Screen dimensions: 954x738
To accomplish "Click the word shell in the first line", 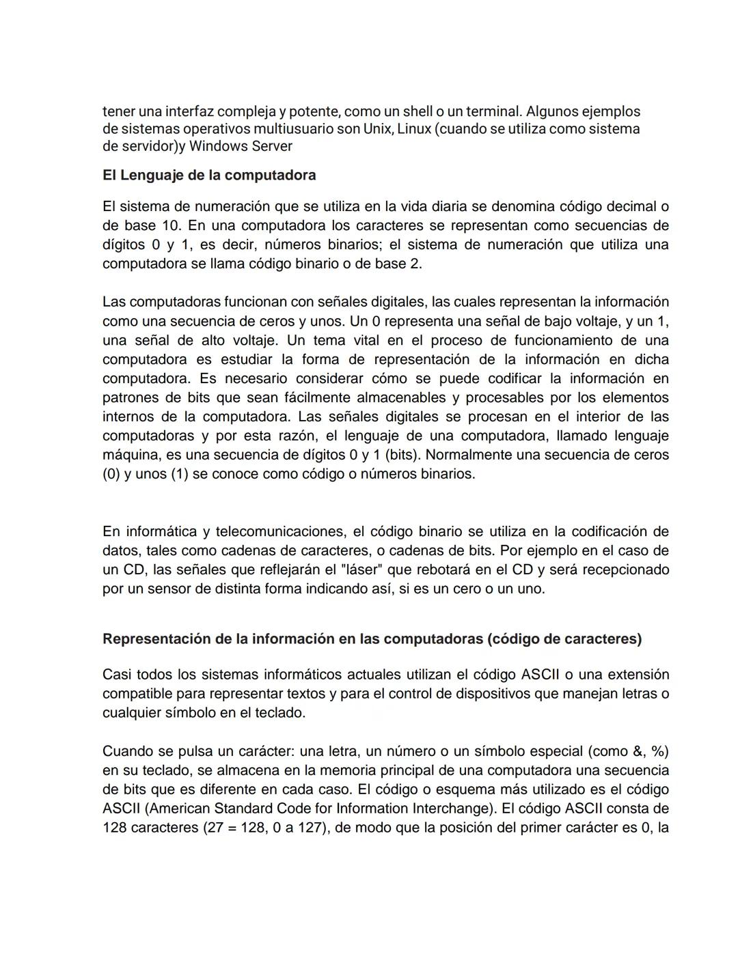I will click(x=418, y=111).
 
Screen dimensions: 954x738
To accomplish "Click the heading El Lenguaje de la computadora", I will click(x=209, y=176).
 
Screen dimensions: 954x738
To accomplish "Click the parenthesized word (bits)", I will click(x=401, y=455).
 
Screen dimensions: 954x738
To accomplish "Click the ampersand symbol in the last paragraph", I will click(x=638, y=751).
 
